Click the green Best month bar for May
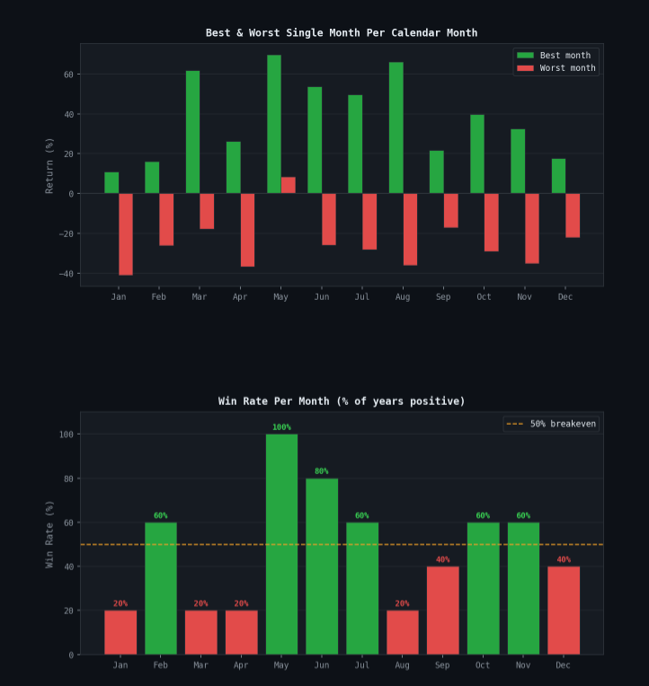tap(273, 124)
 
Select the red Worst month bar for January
tap(126, 233)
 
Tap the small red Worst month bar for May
tap(289, 185)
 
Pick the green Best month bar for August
tap(396, 128)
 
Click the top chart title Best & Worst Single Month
tap(342, 33)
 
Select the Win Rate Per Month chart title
tap(342, 401)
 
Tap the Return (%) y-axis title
tap(50, 165)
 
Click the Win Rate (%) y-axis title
tap(50, 533)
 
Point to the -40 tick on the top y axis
tap(67, 273)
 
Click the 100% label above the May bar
tap(281, 427)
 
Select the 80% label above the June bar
tap(322, 471)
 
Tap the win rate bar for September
tap(442, 611)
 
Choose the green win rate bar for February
tap(161, 588)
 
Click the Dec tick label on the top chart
tap(565, 297)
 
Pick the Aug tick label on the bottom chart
tap(403, 665)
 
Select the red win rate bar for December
tap(564, 611)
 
